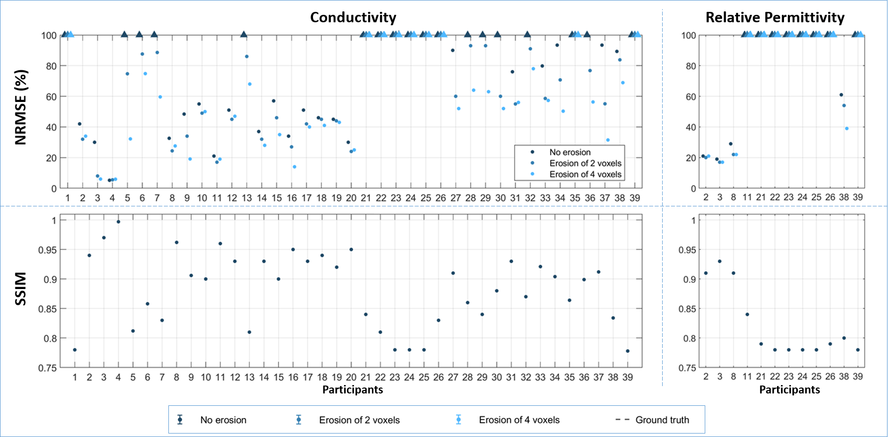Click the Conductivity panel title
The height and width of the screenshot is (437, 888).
pos(353,17)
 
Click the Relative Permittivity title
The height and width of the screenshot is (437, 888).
pos(775,17)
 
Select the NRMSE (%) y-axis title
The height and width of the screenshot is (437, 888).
pos(21,107)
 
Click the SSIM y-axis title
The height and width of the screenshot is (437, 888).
pos(21,289)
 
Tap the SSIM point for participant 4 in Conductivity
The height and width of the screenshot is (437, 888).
pos(118,222)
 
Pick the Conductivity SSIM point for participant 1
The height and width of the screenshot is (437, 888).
pos(75,350)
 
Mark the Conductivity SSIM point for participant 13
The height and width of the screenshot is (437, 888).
pos(249,332)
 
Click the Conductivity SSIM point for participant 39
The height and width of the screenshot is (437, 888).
pos(627,351)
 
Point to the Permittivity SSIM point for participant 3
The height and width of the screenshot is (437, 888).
pos(720,261)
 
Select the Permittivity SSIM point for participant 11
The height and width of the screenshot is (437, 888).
pos(747,314)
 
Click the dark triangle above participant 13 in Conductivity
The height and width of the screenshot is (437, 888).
pos(244,34)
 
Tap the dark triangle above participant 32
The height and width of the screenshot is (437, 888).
pos(527,34)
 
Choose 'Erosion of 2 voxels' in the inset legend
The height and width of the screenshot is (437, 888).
pos(585,163)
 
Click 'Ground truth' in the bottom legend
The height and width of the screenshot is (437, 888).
pos(662,420)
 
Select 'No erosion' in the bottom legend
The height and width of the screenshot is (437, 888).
pos(223,420)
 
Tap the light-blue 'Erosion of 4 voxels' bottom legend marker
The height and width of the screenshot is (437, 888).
pos(459,420)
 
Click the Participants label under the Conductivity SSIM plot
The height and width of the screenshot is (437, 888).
pos(353,389)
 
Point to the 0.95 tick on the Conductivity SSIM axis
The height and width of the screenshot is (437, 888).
pos(48,250)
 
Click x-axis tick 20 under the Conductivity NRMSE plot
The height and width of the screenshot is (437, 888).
pos(351,198)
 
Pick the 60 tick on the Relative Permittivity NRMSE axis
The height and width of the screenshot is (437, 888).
pos(690,97)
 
